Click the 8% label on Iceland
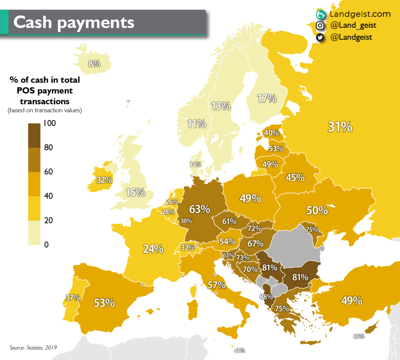point(94,63)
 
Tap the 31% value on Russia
point(340,127)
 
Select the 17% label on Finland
point(267,99)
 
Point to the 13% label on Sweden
point(221,106)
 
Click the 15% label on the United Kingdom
point(136,192)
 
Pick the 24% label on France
point(153,249)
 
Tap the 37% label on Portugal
point(73,297)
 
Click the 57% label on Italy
point(216,285)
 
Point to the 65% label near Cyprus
point(359,336)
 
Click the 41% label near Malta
point(239,350)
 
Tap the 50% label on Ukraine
point(317,210)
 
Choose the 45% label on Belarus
point(295,177)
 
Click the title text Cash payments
point(74,22)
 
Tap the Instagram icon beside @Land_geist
point(320,26)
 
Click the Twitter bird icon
point(320,38)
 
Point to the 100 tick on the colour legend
point(50,124)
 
